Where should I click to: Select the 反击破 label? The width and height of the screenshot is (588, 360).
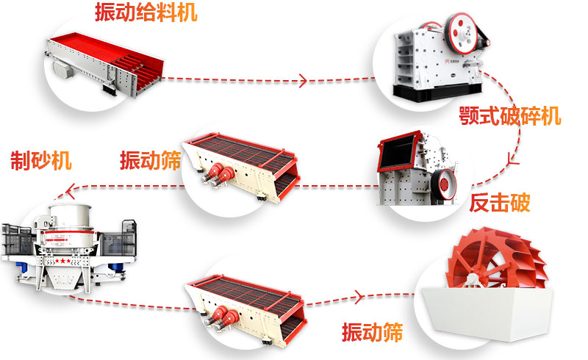[500, 203]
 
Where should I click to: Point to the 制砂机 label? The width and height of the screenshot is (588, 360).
[41, 160]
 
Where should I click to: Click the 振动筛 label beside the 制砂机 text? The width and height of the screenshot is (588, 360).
[150, 160]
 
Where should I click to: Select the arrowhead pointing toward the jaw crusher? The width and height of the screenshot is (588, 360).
[303, 79]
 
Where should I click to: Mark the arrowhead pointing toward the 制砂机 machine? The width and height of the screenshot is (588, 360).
[72, 194]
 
